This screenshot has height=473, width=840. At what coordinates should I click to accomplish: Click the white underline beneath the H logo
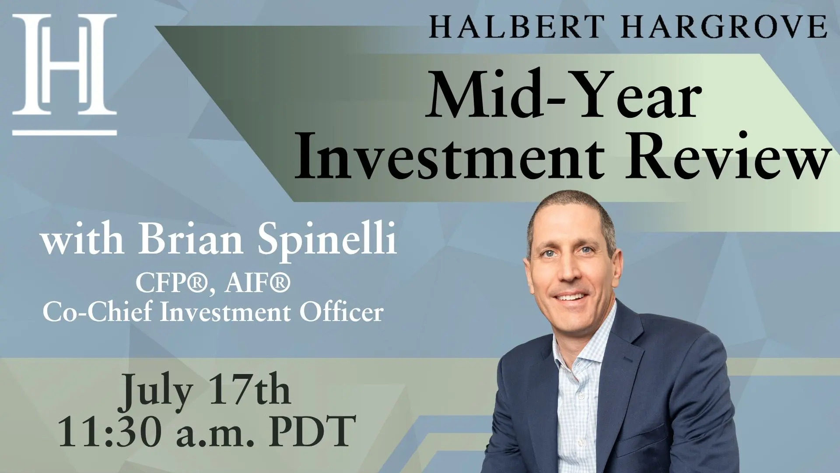click(x=65, y=132)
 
